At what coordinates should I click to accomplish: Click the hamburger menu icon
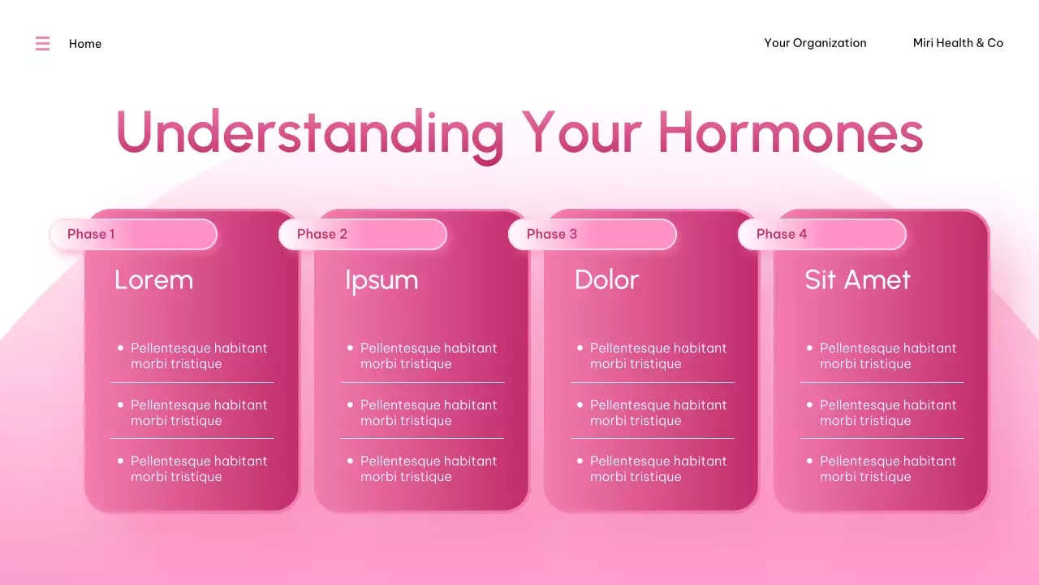coord(42,44)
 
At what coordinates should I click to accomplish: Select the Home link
coord(85,44)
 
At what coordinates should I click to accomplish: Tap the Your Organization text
coord(815,43)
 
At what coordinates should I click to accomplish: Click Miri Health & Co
coord(958,43)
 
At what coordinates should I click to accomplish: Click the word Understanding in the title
coord(309,132)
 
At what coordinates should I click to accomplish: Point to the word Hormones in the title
coord(790,132)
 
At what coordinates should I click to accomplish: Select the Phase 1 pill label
coord(91,234)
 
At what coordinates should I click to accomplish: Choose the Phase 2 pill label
coord(322,234)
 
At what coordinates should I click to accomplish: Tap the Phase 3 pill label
coord(552,234)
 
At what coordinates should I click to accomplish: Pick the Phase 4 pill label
coord(782,234)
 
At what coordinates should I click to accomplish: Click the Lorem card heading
coord(153,280)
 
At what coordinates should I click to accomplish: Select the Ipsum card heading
coord(382,280)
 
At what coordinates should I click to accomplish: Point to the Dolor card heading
coord(606,280)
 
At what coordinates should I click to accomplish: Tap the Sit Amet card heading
coord(857,280)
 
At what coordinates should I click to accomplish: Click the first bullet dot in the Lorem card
coord(121,348)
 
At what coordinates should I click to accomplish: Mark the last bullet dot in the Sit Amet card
coord(809,461)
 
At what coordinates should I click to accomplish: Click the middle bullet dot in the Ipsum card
coord(351,405)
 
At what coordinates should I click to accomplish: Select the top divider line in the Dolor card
coord(652,382)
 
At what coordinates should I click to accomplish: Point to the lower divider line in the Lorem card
coord(192,439)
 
